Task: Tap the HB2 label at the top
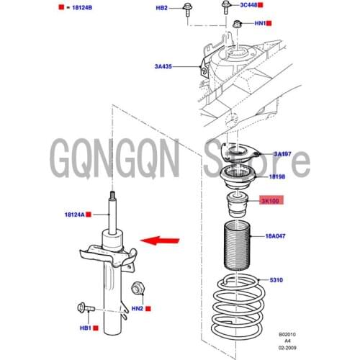click(161, 8)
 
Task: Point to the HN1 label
click(261, 23)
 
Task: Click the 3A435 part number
click(163, 66)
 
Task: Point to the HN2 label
click(138, 308)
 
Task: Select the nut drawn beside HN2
click(138, 289)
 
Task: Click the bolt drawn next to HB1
click(84, 310)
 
